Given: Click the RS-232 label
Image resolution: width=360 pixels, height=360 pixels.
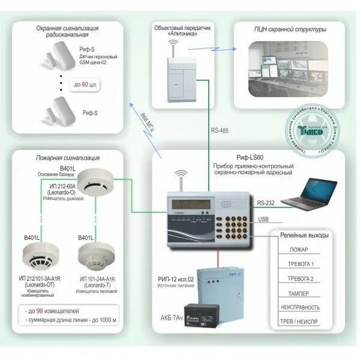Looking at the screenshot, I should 265,203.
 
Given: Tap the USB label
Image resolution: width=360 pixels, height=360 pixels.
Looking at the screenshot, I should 264,220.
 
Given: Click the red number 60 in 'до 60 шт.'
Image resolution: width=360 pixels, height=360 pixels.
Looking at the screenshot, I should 85,85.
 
